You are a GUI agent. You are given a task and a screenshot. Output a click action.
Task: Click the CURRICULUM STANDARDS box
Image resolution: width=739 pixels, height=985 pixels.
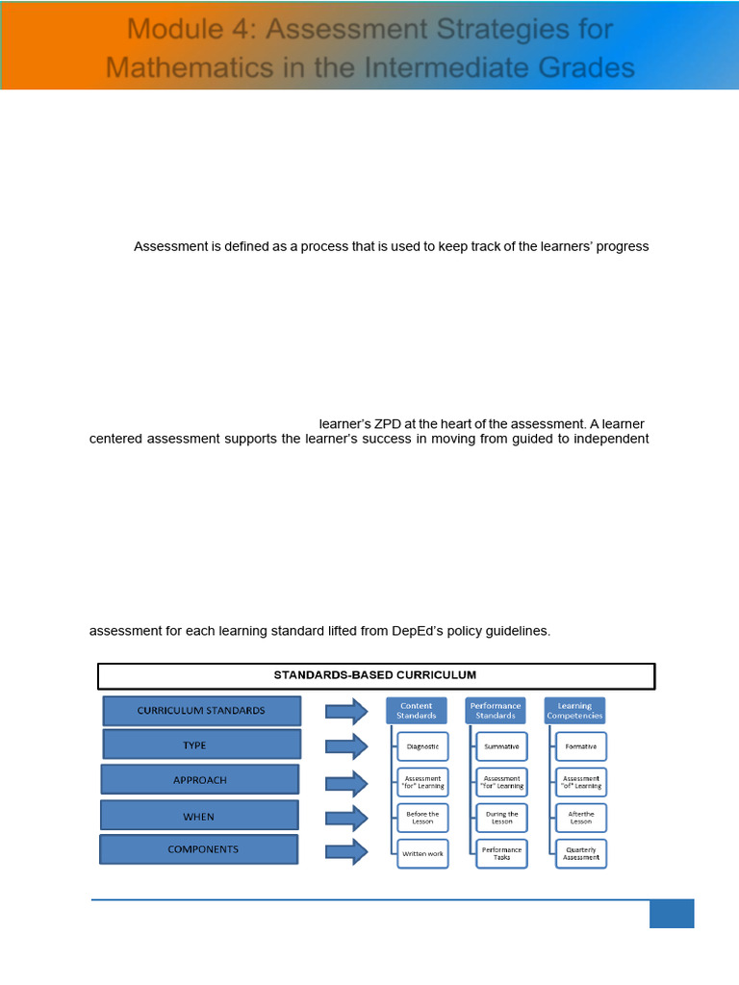201,711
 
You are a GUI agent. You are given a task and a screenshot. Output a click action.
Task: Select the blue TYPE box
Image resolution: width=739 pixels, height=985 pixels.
201,745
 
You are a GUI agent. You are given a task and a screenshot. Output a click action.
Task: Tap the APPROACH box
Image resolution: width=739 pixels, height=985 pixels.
200,780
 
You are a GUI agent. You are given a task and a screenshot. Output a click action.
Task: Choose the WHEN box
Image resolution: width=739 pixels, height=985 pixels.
199,817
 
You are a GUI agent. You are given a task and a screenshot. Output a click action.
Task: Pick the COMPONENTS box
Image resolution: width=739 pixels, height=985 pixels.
198,849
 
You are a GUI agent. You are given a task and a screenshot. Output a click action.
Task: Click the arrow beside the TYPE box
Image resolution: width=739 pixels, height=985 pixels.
346,746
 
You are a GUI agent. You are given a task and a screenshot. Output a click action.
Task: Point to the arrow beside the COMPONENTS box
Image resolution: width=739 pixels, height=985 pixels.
346,851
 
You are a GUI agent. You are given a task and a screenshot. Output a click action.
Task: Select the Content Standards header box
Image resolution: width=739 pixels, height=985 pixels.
417,711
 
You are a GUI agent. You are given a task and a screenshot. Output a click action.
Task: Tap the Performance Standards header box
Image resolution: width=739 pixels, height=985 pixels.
496,711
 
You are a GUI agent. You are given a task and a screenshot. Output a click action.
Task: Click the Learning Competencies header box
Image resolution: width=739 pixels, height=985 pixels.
574,711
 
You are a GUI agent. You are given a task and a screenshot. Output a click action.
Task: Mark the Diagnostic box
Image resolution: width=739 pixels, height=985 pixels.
422,746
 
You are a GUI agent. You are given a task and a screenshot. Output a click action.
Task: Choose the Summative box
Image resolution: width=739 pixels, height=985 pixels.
501,746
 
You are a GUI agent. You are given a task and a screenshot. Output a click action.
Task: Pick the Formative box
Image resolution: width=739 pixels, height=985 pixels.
580,746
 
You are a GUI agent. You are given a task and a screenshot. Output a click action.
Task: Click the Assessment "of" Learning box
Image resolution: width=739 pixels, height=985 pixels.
580,782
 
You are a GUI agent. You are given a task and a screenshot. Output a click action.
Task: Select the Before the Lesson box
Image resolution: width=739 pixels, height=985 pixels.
422,818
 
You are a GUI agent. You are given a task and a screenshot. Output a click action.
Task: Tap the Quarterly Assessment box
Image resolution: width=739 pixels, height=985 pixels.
580,853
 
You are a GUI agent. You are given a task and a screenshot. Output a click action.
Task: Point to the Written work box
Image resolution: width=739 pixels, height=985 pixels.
422,853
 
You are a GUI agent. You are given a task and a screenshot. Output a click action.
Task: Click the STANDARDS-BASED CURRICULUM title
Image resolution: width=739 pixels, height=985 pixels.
375,675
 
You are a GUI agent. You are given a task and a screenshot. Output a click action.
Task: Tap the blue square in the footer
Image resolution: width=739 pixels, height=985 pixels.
671,914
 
